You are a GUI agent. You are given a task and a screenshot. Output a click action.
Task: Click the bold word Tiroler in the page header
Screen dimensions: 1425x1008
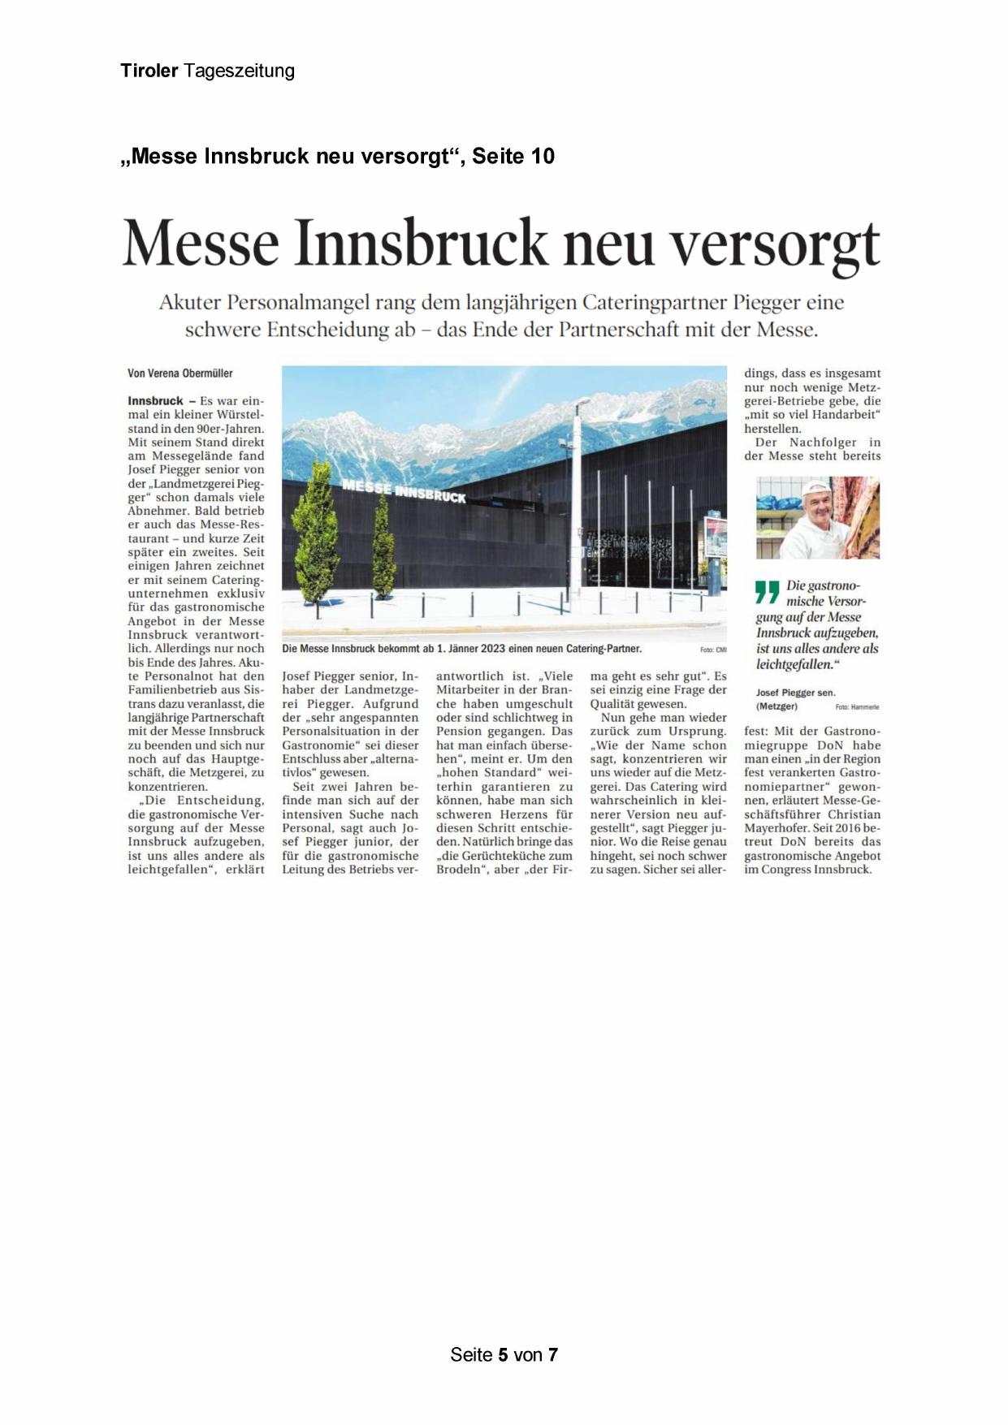(149, 71)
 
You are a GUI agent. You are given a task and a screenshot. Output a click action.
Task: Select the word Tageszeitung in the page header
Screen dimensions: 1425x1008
(239, 71)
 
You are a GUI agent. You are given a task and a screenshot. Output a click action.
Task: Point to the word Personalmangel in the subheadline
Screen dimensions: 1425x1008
(300, 303)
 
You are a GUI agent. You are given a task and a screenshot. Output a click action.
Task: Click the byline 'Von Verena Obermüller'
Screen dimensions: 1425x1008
(180, 374)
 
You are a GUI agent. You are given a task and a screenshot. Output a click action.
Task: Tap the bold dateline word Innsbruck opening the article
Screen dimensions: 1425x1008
(155, 401)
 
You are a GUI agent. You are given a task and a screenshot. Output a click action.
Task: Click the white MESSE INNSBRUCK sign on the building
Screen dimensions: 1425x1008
(404, 490)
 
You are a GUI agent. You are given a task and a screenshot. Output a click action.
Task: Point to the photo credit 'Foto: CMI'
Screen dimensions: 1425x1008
(712, 650)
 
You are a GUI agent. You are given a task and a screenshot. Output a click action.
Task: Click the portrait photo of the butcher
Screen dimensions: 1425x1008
(817, 518)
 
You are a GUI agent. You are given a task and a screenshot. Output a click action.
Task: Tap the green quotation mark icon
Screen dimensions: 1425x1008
(767, 592)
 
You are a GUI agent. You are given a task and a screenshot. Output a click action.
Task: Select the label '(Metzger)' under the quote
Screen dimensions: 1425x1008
(777, 706)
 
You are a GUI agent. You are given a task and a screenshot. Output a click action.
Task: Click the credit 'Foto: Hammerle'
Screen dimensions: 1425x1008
(857, 707)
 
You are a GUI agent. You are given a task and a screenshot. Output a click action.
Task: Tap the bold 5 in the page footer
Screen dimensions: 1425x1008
(504, 1354)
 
